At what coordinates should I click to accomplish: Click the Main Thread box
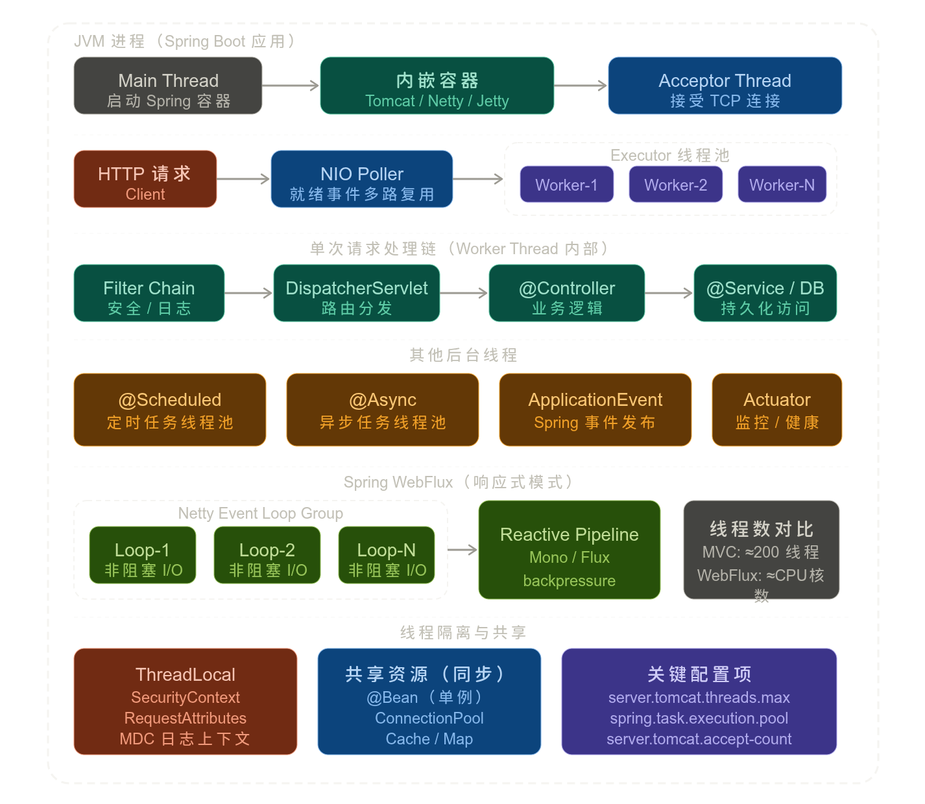pyautogui.click(x=168, y=86)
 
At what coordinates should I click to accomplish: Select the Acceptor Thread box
pyautogui.click(x=725, y=86)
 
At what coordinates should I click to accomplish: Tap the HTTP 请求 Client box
pyautogui.click(x=145, y=179)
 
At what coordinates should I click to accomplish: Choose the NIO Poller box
pyautogui.click(x=362, y=179)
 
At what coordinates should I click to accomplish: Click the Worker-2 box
pyautogui.click(x=675, y=184)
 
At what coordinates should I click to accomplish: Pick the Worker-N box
pyautogui.click(x=782, y=184)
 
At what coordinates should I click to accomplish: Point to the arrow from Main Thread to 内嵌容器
pyautogui.click(x=291, y=86)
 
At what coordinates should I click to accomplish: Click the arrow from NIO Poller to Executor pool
pyautogui.click(x=478, y=179)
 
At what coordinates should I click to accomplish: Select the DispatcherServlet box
pyautogui.click(x=356, y=293)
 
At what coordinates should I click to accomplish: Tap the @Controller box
pyautogui.click(x=566, y=293)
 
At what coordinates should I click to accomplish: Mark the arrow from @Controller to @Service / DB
pyautogui.click(x=669, y=293)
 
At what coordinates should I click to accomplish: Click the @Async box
pyautogui.click(x=383, y=410)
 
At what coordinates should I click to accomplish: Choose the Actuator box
pyautogui.click(x=776, y=410)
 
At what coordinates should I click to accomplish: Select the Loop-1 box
pyautogui.click(x=143, y=555)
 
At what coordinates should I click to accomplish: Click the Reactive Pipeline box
pyautogui.click(x=569, y=550)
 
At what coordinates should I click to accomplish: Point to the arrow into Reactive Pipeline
pyautogui.click(x=463, y=550)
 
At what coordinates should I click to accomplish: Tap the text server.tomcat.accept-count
pyautogui.click(x=699, y=739)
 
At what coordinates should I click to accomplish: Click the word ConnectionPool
pyautogui.click(x=429, y=718)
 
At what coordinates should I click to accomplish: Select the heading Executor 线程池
pyautogui.click(x=670, y=155)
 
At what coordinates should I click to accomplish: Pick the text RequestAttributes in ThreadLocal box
pyautogui.click(x=186, y=718)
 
